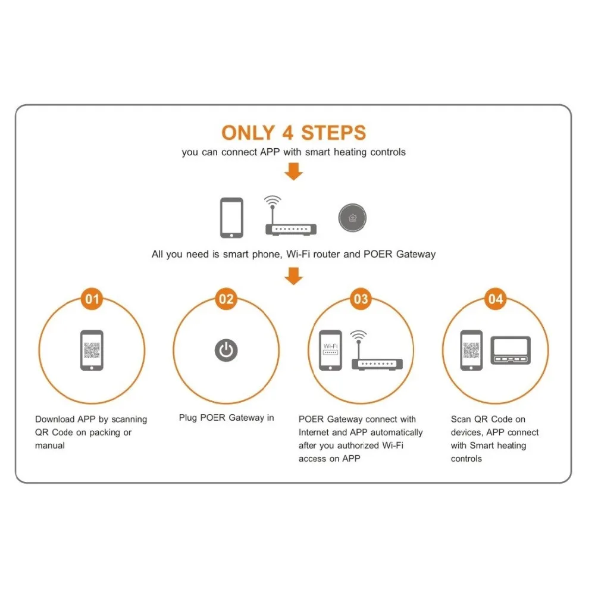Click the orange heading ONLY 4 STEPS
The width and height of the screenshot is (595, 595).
click(293, 132)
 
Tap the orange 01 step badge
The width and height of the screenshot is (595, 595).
click(92, 299)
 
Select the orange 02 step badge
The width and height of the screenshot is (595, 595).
click(226, 299)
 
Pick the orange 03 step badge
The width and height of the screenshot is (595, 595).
click(361, 299)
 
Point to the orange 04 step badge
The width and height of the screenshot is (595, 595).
click(495, 299)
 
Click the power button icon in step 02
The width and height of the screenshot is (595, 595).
click(226, 350)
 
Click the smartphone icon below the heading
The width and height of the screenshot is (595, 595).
click(231, 217)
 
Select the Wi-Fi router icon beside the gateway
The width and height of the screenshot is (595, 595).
click(290, 217)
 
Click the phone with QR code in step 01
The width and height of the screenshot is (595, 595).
click(92, 350)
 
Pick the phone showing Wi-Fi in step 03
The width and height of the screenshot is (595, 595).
click(330, 350)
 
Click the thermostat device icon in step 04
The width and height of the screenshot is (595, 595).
click(510, 350)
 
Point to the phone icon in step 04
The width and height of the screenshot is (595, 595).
click(472, 350)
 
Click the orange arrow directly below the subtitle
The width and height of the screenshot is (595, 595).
click(293, 172)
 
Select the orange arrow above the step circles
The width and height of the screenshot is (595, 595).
click(293, 276)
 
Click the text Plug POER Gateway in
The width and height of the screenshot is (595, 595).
click(226, 418)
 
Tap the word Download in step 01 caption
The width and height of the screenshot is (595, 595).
click(54, 419)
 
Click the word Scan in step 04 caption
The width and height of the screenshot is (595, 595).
click(461, 419)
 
